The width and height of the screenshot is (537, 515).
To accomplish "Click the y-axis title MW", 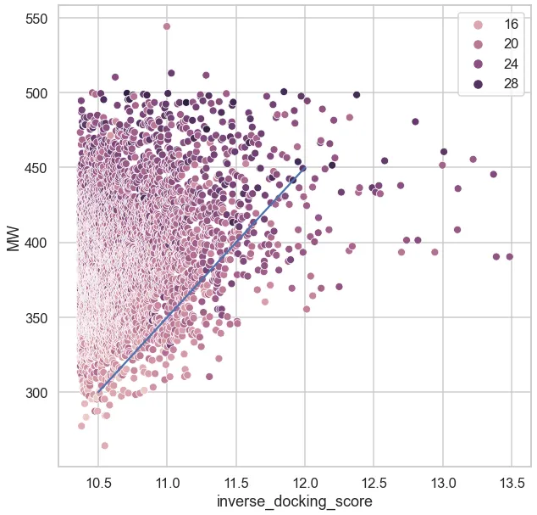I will pos(13,238).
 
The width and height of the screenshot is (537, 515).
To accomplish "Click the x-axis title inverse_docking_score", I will pos(294,501).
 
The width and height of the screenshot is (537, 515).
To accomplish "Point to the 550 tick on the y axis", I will pos(34,18).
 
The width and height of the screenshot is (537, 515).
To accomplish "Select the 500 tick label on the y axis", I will pos(34,92).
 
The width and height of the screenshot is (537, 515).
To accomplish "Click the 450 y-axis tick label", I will pos(34,168).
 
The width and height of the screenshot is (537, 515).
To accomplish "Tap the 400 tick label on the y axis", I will pos(34,243).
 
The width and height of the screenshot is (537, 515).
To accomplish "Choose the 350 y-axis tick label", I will pos(34,317).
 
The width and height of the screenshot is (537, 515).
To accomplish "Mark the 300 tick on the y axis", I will pos(34,393).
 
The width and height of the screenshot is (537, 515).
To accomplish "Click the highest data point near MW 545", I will pos(167,26).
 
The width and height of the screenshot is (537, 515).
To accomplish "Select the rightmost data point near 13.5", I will pos(510,256).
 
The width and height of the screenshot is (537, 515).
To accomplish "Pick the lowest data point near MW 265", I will pos(105,445).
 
